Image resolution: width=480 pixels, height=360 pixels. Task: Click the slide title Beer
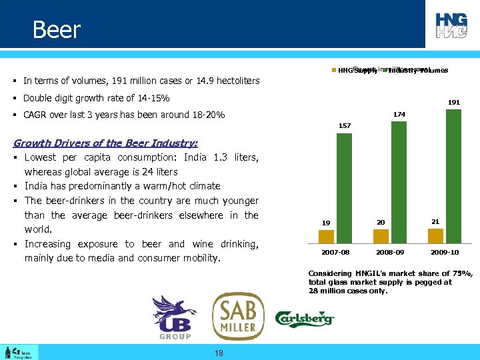pos(56,30)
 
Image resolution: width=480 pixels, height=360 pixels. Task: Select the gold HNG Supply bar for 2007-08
pos(326,237)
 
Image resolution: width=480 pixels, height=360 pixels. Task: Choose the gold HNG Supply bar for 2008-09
pos(380,237)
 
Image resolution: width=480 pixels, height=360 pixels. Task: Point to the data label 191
pos(453,103)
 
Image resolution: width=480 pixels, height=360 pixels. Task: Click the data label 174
pos(399,115)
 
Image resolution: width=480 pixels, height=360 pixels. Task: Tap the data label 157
pos(345,126)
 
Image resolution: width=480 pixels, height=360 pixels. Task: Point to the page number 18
pos(219,353)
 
